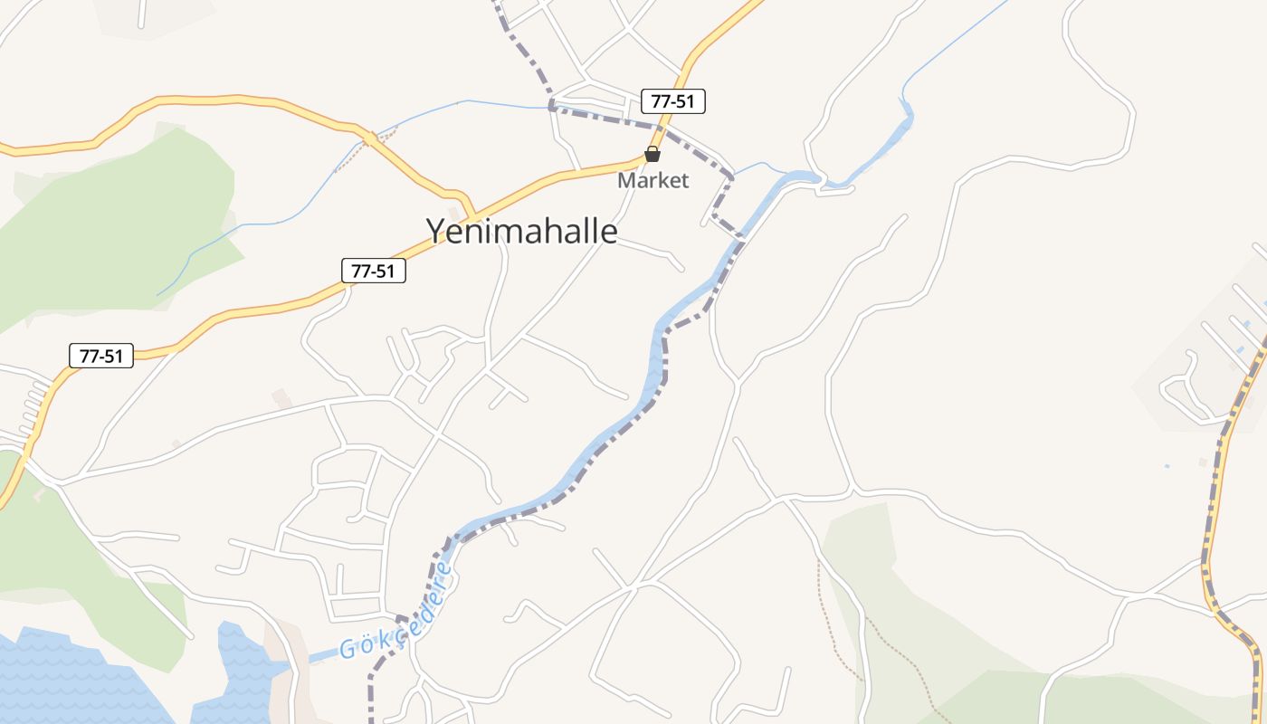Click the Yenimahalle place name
[x=522, y=232]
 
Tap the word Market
[x=653, y=181]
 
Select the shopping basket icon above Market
[x=653, y=155]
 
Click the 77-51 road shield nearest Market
[x=672, y=101]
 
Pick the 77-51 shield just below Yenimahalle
[x=373, y=271]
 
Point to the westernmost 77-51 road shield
[x=101, y=356]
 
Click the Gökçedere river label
[x=396, y=611]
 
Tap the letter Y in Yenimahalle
[x=435, y=232]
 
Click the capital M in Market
[x=626, y=181]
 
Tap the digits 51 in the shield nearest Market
[x=684, y=101]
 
